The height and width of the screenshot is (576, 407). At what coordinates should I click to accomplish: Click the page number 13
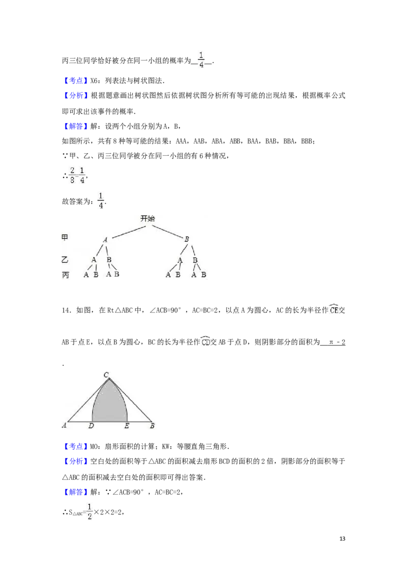(342, 538)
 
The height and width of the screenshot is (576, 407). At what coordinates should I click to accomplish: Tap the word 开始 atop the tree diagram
(148, 219)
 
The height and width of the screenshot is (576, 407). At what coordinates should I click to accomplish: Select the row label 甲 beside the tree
(65, 237)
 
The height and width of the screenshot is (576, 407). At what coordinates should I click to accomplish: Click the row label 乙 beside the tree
(65, 260)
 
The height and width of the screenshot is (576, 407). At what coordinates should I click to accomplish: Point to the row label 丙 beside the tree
(66, 275)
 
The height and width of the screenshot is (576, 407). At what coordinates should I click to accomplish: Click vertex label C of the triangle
(106, 375)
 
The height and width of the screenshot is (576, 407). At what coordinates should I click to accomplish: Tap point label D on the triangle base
(91, 426)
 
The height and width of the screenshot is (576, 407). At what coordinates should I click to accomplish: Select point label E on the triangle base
(127, 426)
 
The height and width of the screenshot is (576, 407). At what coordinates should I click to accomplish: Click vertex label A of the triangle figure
(64, 425)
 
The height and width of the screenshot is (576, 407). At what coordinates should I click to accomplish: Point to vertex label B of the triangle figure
(152, 426)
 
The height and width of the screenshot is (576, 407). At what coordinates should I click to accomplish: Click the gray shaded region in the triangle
(109, 404)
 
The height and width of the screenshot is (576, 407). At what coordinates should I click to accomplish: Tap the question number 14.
(66, 310)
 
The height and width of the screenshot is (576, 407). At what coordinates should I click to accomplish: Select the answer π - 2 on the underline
(337, 342)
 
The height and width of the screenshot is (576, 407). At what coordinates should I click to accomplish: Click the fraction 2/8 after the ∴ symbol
(72, 175)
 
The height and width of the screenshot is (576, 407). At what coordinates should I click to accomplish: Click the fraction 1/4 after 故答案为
(101, 200)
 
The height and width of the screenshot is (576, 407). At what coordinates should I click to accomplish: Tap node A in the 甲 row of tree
(105, 240)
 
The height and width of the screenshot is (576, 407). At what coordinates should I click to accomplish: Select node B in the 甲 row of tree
(187, 239)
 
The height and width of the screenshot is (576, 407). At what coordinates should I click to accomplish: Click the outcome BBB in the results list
(307, 141)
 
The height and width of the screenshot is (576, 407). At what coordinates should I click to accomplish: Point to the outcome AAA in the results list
(182, 141)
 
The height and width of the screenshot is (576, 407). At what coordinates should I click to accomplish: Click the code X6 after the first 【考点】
(94, 81)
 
